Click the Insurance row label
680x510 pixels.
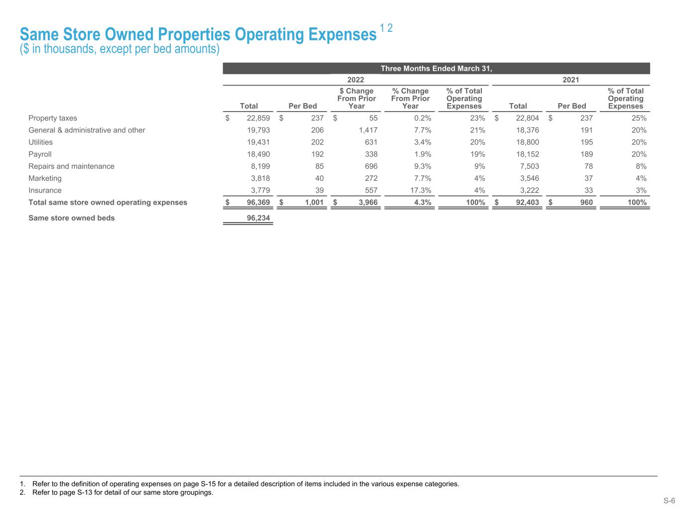click(x=45, y=190)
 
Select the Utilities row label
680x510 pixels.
click(x=40, y=142)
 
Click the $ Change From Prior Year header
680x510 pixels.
click(x=356, y=99)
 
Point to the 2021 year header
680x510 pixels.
click(x=570, y=80)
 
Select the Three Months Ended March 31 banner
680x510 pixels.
click(x=436, y=68)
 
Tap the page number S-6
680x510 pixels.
click(x=669, y=501)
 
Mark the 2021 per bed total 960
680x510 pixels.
click(x=584, y=202)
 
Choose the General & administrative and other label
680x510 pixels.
click(x=87, y=130)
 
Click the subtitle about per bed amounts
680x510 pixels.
click(x=120, y=49)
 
